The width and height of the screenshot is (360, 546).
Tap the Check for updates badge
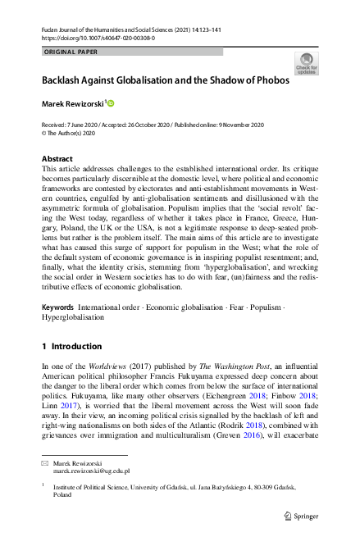pyautogui.click(x=306, y=63)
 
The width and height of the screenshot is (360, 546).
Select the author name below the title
pyautogui.click(x=72, y=104)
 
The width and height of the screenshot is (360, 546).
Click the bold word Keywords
pyautogui.click(x=58, y=307)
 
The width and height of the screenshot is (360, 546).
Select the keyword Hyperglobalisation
pyautogui.click(x=73, y=316)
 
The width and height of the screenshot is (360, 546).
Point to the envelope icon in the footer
pyautogui.click(x=46, y=464)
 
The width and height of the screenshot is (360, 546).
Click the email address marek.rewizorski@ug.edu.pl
pyautogui.click(x=90, y=473)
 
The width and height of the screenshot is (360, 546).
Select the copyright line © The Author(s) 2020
pyautogui.click(x=73, y=132)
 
